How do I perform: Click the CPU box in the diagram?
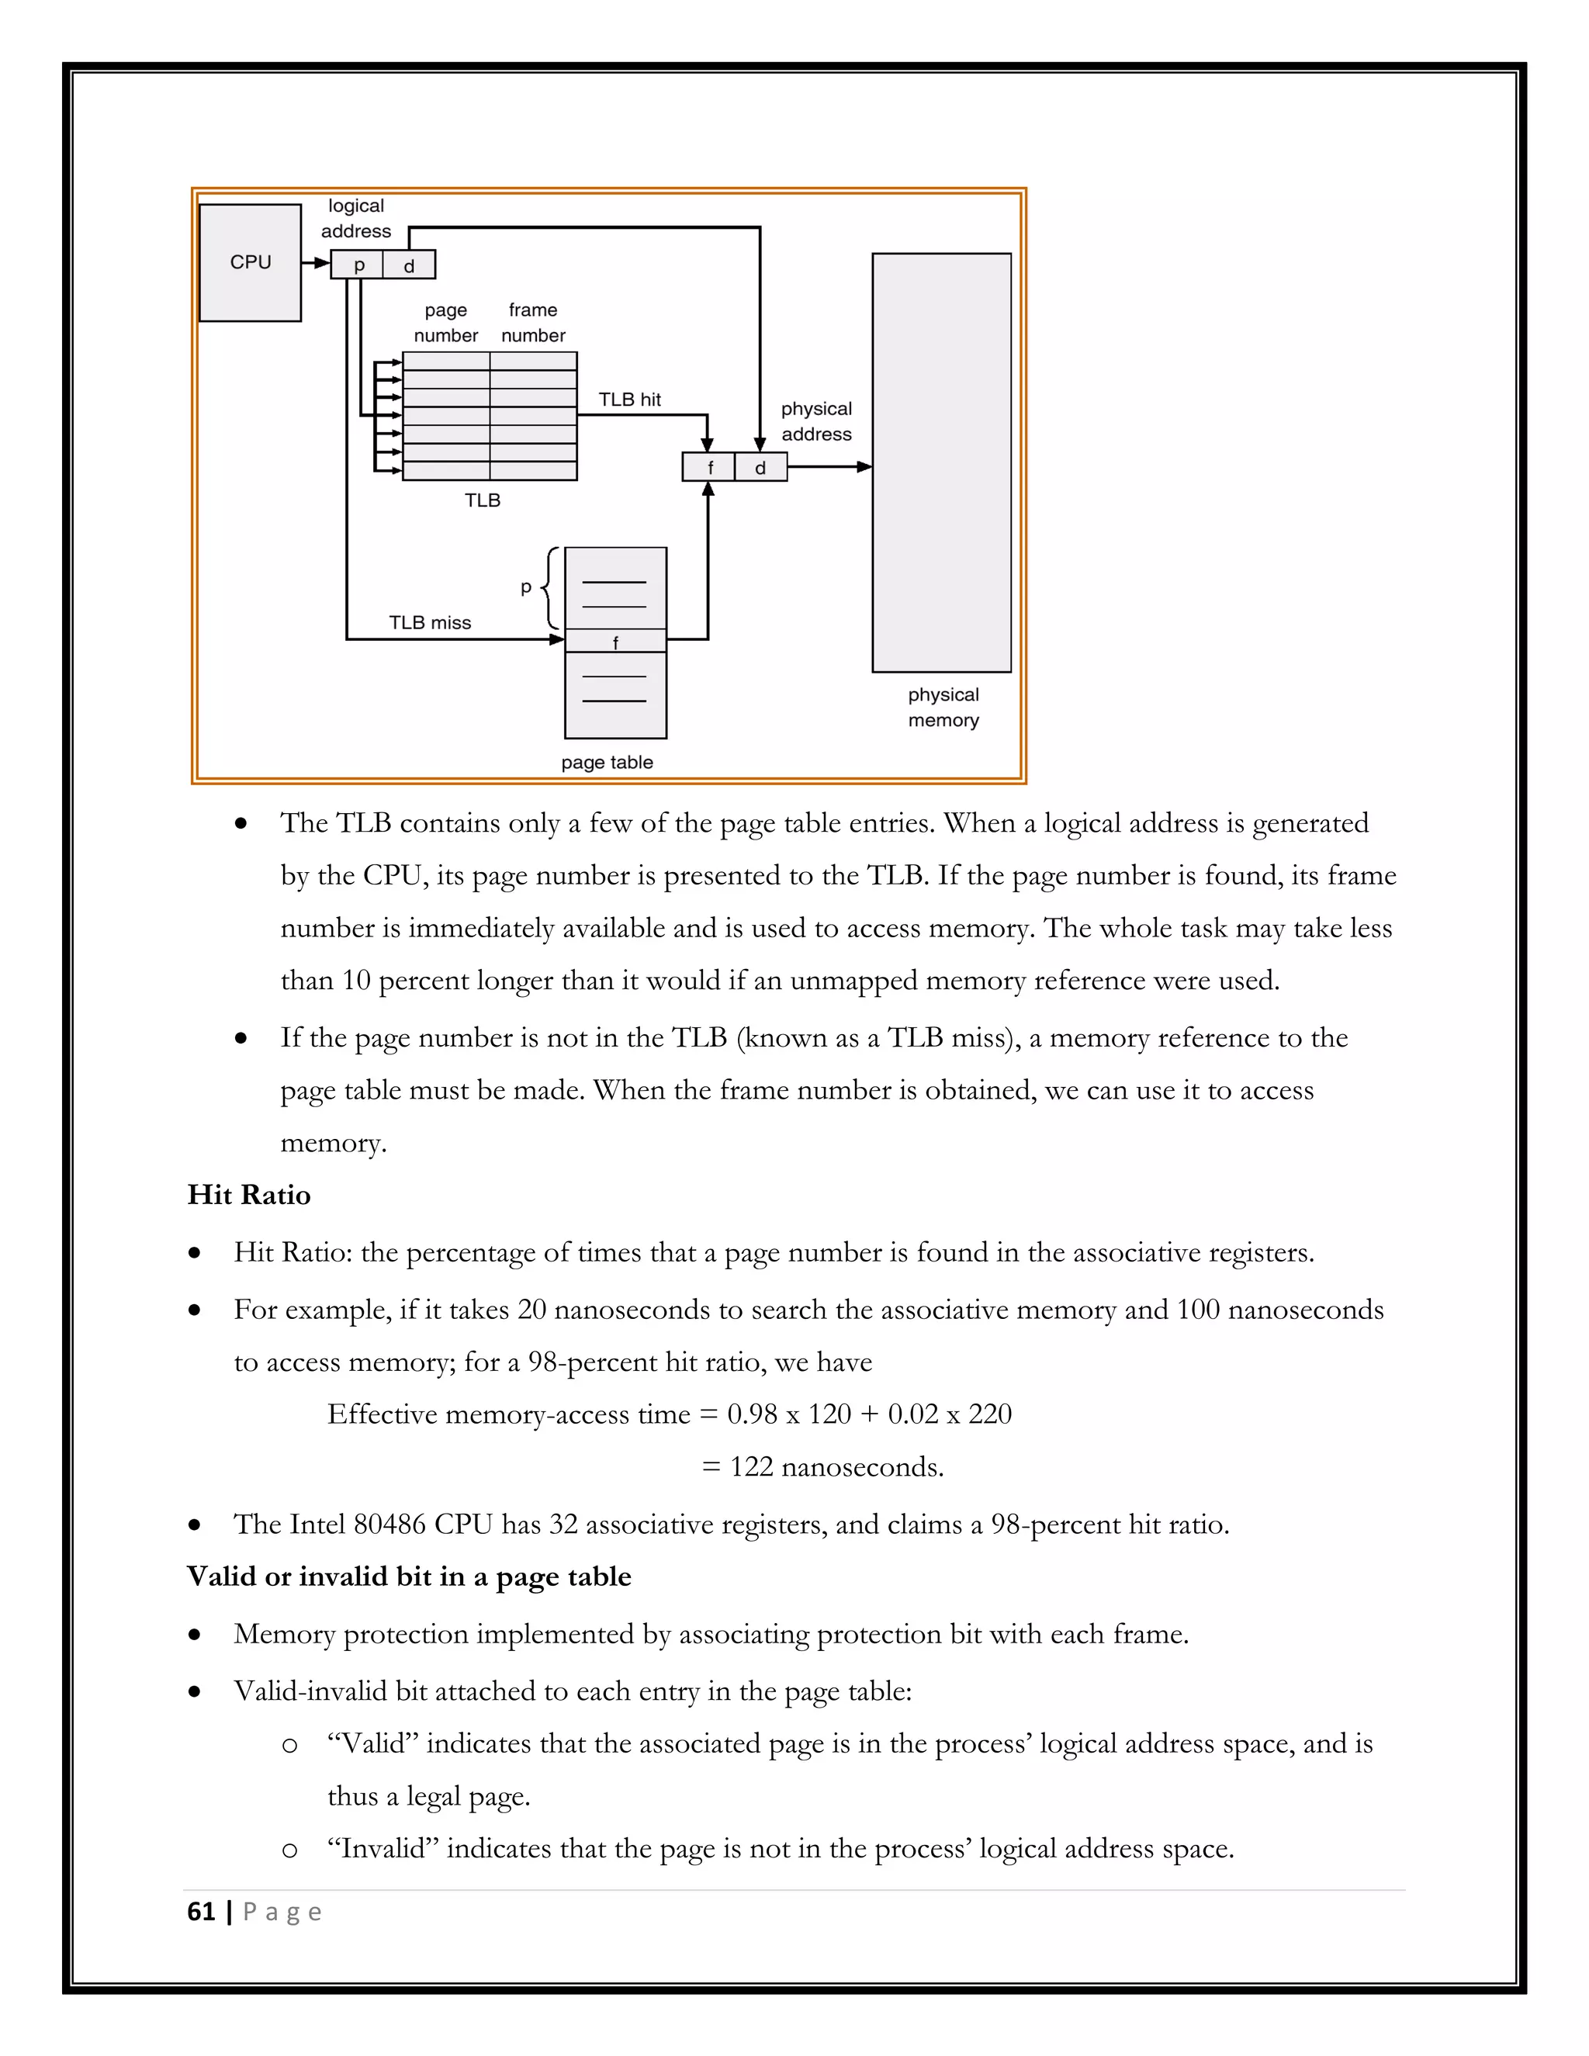[x=251, y=263]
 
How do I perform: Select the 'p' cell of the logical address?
[x=358, y=265]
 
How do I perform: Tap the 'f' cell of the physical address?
[x=710, y=467]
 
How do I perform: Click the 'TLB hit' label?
[x=630, y=399]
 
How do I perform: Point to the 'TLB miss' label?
[x=429, y=622]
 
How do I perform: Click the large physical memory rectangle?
[x=941, y=462]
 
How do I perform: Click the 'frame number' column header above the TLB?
[x=533, y=322]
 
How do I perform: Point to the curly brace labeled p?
[x=551, y=587]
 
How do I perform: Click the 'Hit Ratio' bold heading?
[x=248, y=1195]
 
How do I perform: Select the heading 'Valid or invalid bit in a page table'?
[x=409, y=1577]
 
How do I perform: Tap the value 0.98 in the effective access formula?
[x=752, y=1414]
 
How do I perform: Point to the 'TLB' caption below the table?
[x=482, y=500]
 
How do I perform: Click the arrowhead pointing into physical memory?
[x=865, y=467]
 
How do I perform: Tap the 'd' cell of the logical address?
[x=409, y=265]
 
